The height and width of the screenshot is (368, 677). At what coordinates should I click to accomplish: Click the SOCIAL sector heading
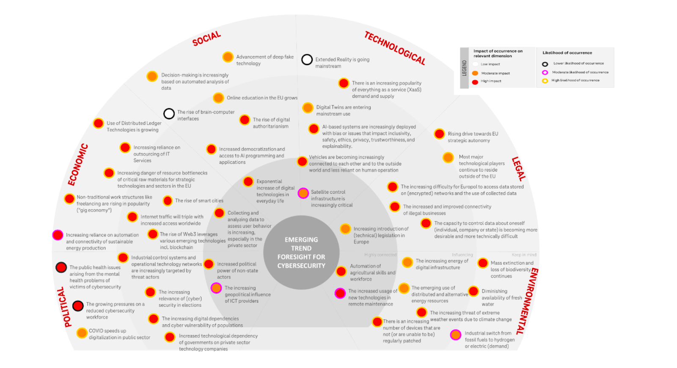[x=206, y=38]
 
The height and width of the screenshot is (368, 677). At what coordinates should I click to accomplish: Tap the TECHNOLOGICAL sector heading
[x=395, y=48]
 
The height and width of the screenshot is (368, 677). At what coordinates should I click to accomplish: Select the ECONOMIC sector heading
[x=78, y=165]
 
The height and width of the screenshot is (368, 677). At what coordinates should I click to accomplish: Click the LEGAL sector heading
[x=518, y=169]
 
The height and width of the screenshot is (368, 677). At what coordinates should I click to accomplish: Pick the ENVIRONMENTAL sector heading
[x=528, y=301]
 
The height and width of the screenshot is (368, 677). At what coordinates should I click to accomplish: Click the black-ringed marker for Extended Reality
[x=307, y=60]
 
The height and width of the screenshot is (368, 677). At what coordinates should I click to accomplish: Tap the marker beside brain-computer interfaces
[x=169, y=113]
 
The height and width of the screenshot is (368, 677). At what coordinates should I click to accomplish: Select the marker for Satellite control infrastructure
[x=303, y=193]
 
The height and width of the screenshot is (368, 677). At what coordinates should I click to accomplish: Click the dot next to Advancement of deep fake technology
[x=228, y=57]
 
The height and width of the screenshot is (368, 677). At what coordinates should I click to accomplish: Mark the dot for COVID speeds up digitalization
[x=82, y=333]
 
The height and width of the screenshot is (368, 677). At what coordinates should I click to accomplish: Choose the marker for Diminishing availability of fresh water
[x=473, y=291]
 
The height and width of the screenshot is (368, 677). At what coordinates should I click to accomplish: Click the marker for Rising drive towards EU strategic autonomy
[x=439, y=134]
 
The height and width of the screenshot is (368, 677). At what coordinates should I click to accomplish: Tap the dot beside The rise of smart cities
[x=168, y=200]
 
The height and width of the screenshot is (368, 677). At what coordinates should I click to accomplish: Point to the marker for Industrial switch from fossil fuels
[x=455, y=335]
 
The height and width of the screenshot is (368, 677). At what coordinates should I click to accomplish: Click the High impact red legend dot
[x=475, y=81]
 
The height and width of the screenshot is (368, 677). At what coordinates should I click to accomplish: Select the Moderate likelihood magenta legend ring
[x=545, y=72]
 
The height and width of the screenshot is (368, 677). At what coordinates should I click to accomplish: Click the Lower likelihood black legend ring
[x=545, y=64]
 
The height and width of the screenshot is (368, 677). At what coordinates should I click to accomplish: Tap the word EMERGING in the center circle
[x=301, y=239]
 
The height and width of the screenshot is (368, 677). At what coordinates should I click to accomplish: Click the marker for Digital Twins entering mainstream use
[x=308, y=108]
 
